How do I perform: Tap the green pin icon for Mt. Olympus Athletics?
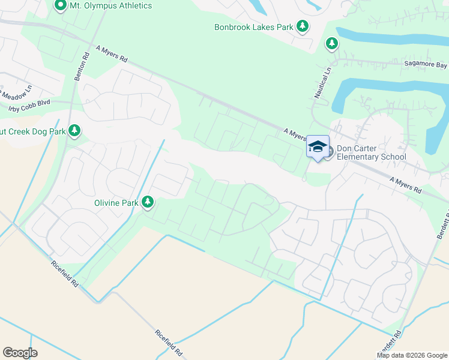[61, 6]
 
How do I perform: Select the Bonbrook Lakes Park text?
[253, 26]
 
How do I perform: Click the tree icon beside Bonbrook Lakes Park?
[304, 26]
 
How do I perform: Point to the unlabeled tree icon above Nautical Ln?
[331, 43]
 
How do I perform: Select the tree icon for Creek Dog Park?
[74, 130]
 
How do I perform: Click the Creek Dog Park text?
[32, 131]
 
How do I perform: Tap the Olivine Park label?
[116, 203]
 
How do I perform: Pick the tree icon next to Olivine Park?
[147, 203]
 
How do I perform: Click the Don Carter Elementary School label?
[371, 153]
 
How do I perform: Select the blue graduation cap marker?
[318, 146]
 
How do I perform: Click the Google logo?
[20, 353]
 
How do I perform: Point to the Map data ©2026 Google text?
[412, 355]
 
